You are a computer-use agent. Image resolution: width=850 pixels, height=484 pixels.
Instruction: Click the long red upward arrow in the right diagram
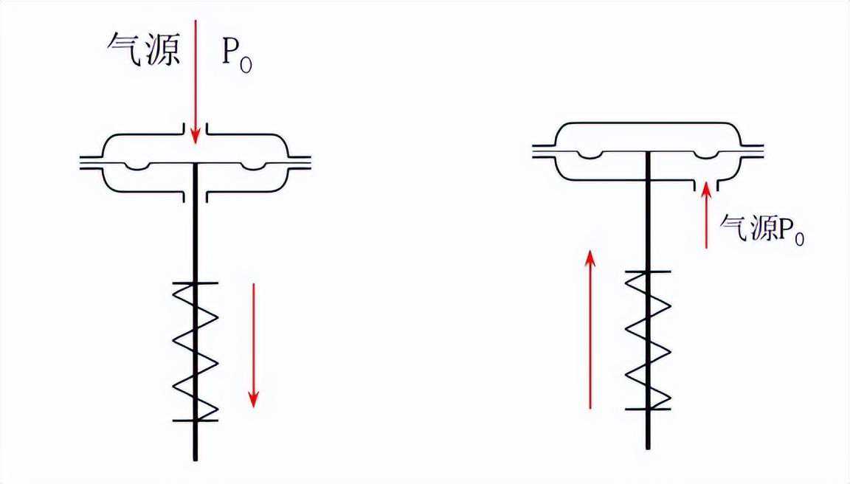pyautogui.click(x=590, y=328)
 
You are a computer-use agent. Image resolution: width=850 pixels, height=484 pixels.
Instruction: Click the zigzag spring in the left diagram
pyautogui.click(x=196, y=352)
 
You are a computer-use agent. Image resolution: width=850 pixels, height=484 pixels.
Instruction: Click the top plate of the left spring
pyautogui.click(x=196, y=283)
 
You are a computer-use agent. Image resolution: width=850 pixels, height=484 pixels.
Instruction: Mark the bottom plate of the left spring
pyautogui.click(x=196, y=421)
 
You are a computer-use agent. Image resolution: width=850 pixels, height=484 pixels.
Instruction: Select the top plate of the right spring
pyautogui.click(x=648, y=272)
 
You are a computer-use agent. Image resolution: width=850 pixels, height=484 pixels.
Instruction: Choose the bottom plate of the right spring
pyautogui.click(x=648, y=408)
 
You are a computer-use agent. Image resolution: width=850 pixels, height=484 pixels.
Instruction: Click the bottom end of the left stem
pyautogui.click(x=196, y=457)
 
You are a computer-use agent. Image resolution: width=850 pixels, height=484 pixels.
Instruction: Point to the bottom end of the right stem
pyautogui.click(x=648, y=446)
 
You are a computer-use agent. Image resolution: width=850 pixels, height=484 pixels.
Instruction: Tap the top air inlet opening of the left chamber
pyautogui.click(x=196, y=134)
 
